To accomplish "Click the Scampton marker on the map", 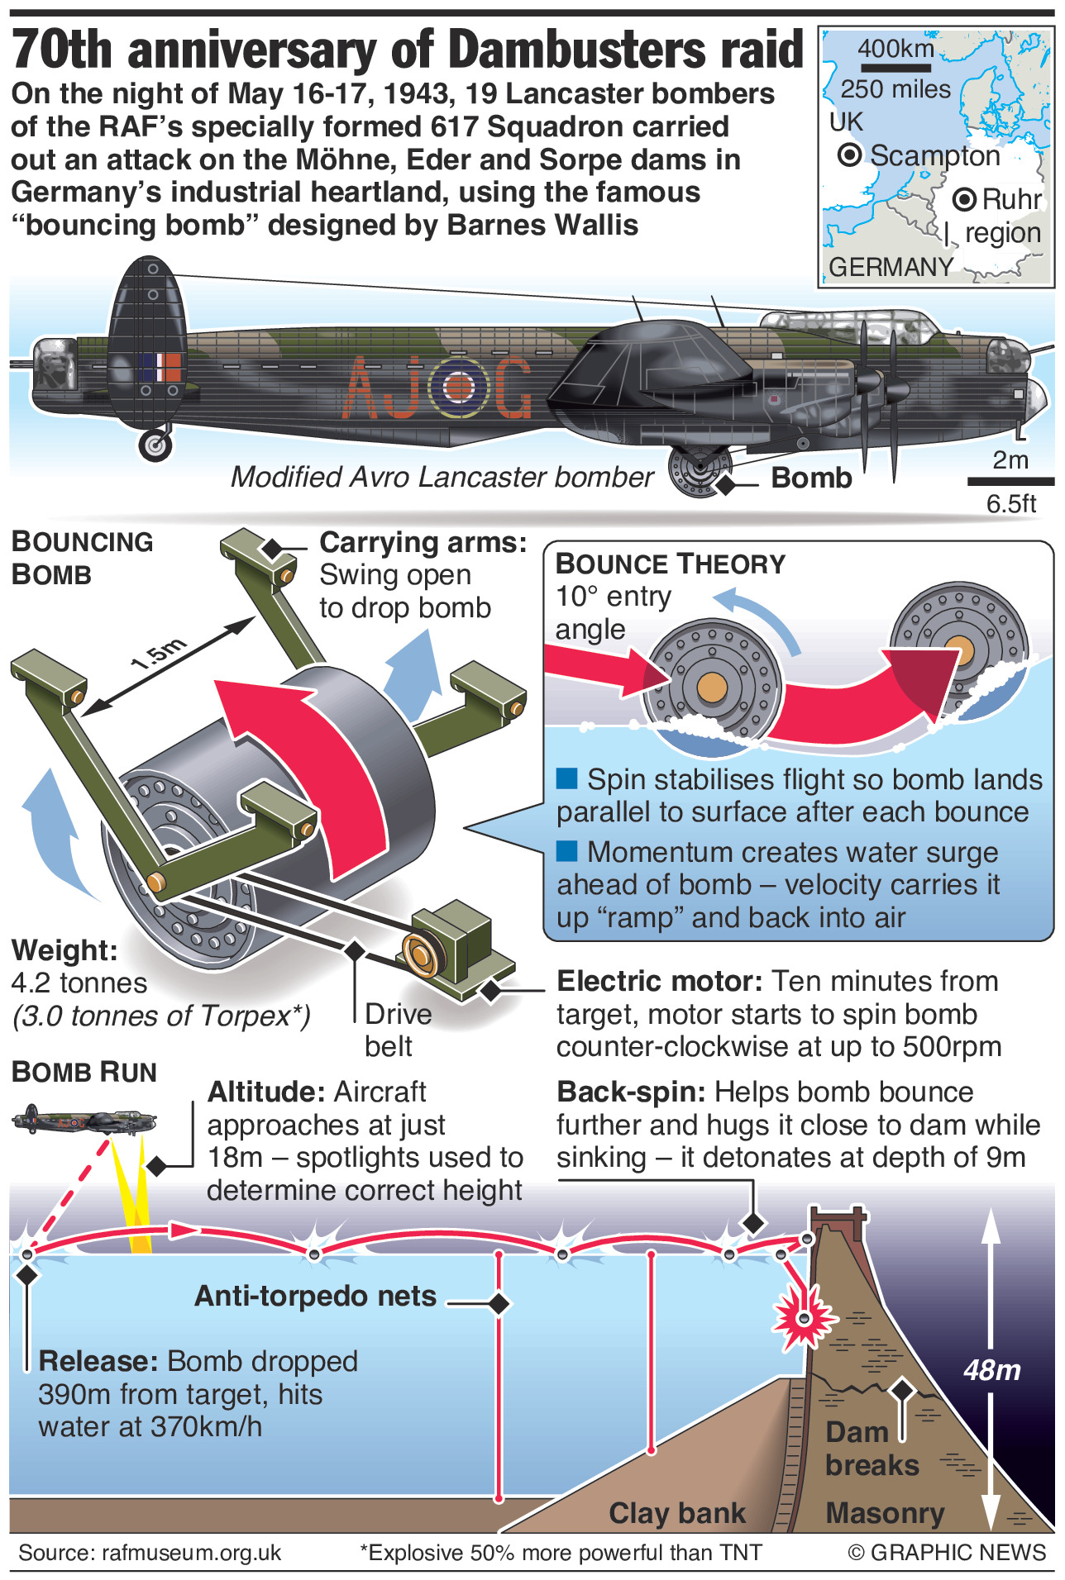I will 849,155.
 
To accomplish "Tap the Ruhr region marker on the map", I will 964,199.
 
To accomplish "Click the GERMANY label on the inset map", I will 891,267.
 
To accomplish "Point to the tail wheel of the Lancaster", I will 155,445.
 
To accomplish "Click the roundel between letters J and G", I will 460,386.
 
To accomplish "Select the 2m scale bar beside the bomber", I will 1010,480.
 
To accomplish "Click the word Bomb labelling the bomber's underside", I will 811,478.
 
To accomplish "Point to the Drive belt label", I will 398,1030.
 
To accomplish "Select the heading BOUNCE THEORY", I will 670,564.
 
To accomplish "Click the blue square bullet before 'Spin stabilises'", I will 567,778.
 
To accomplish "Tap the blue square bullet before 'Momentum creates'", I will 567,850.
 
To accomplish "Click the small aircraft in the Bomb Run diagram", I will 83,1121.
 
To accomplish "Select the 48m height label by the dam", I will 992,1370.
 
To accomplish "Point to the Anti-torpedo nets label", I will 315,1296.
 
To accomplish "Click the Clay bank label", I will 677,1513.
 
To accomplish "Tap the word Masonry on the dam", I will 885,1513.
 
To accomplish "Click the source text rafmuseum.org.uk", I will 150,1554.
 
